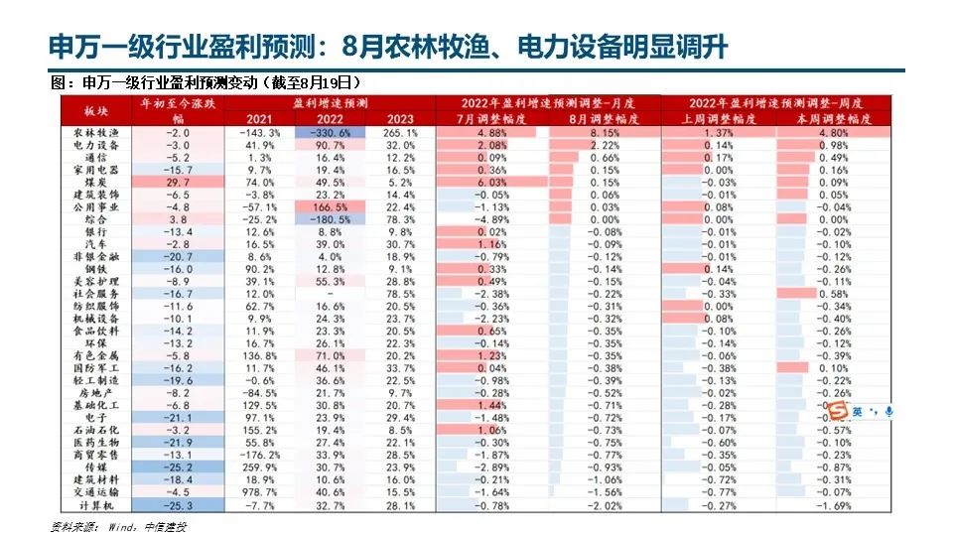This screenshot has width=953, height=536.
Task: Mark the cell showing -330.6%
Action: pyautogui.click(x=329, y=132)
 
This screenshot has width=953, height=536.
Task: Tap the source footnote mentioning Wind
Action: pyautogui.click(x=118, y=525)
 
